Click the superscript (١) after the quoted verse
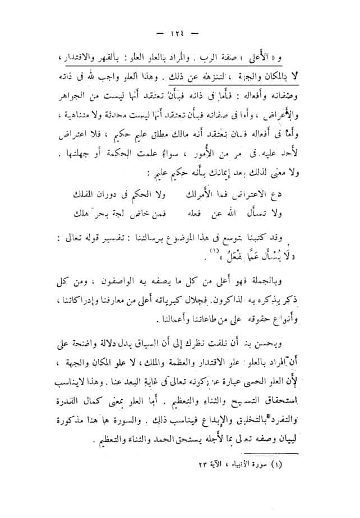click(152, 253)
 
